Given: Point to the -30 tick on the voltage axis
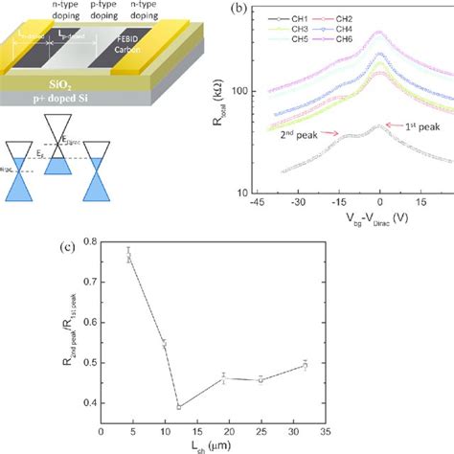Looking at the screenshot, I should point(298,203).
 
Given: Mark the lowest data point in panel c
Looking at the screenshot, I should point(179,406).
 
